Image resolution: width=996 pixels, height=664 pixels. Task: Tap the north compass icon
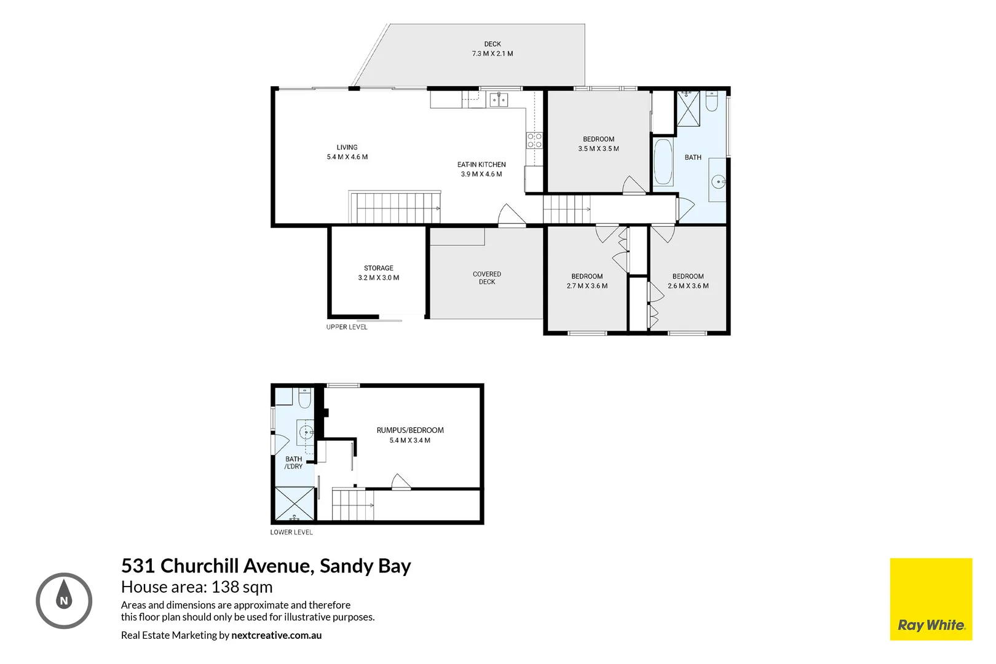[64, 601]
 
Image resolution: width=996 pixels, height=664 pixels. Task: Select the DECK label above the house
[492, 44]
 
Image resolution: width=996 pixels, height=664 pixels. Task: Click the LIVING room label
[347, 147]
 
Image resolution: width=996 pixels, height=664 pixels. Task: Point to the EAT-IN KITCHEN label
[481, 165]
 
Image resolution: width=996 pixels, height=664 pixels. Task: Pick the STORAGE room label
[378, 268]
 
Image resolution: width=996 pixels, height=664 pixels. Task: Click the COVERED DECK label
[487, 278]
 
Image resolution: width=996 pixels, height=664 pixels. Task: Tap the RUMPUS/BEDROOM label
[410, 430]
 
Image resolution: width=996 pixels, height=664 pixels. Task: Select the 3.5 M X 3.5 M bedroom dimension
[598, 149]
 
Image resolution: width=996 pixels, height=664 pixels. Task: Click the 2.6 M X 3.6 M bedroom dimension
[688, 286]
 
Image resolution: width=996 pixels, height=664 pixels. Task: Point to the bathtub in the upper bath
[663, 162]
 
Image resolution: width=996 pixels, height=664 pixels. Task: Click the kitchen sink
[499, 100]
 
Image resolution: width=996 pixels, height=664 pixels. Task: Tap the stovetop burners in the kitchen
[534, 141]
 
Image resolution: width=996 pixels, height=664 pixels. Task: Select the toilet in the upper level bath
[711, 101]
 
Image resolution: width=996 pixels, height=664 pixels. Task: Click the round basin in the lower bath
[306, 432]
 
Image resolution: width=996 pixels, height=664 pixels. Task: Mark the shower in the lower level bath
[294, 504]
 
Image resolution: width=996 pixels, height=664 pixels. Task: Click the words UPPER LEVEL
[347, 327]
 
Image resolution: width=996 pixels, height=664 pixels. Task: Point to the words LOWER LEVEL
[291, 532]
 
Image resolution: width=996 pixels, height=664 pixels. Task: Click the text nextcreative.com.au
[276, 635]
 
